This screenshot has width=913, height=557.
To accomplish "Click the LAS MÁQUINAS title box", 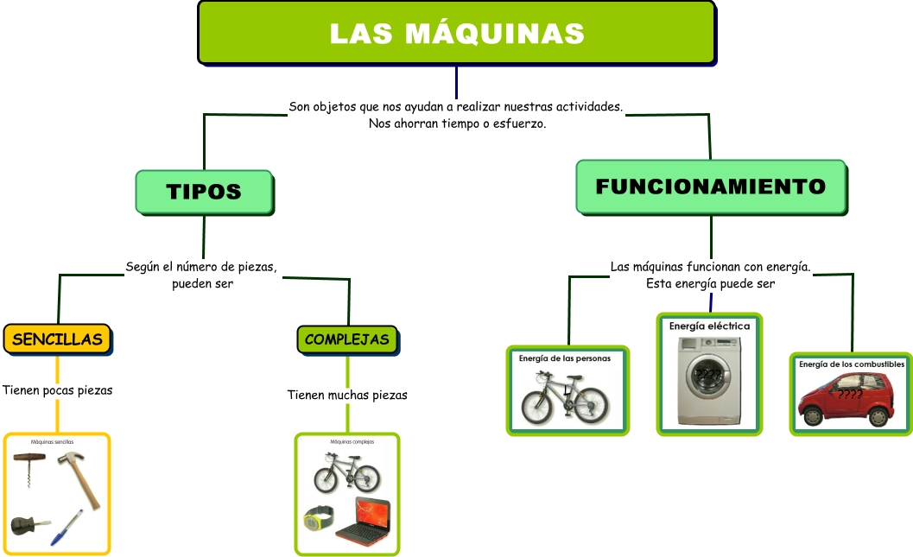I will [456, 33].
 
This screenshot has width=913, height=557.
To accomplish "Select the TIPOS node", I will [204, 191].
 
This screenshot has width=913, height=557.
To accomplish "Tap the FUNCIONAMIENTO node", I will [710, 186].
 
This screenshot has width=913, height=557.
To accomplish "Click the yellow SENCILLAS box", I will [57, 339].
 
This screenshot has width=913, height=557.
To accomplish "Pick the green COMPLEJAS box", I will [347, 339].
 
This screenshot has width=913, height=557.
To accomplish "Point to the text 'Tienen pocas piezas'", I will [58, 390].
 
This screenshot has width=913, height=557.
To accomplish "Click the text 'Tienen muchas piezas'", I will [347, 395].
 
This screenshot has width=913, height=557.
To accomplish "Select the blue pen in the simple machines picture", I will [67, 528].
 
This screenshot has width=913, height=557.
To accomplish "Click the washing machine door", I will [708, 377].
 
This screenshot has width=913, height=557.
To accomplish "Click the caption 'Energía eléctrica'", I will [709, 326].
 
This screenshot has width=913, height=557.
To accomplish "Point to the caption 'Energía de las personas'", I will [564, 358].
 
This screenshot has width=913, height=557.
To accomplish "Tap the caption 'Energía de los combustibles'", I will [851, 364].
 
